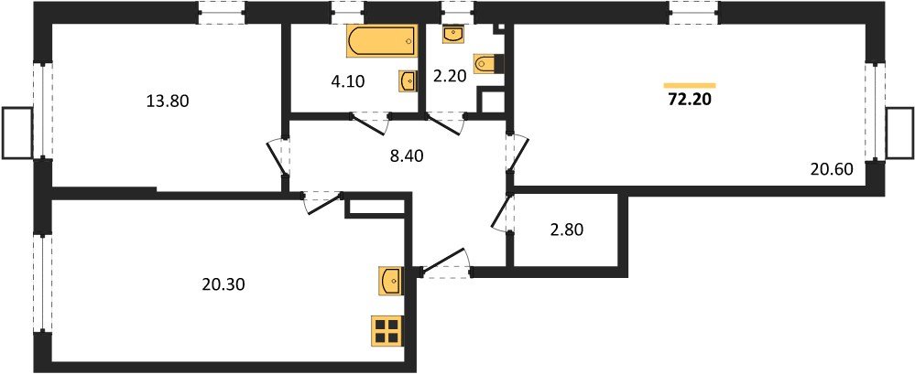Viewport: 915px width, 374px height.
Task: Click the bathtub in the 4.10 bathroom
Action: (382, 41)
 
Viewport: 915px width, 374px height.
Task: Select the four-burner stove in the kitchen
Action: (387, 330)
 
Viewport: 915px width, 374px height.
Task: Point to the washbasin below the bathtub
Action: (408, 81)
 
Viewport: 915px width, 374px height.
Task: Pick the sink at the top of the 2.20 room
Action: (454, 35)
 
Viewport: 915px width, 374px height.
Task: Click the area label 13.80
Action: (167, 102)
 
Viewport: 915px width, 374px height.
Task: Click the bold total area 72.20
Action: (690, 100)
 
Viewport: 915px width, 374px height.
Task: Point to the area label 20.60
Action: (833, 169)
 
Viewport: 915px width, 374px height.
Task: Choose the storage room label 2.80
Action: (566, 230)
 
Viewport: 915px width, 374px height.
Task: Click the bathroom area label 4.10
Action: (348, 81)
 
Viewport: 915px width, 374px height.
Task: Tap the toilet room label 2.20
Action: (450, 76)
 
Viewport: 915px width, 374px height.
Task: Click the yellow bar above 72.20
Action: (690, 85)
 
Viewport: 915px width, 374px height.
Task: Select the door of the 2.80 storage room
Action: (501, 212)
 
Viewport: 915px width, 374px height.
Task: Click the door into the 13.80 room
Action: (277, 157)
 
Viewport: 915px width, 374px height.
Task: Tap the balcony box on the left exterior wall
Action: (16, 133)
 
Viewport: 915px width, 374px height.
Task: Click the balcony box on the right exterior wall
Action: (899, 133)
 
